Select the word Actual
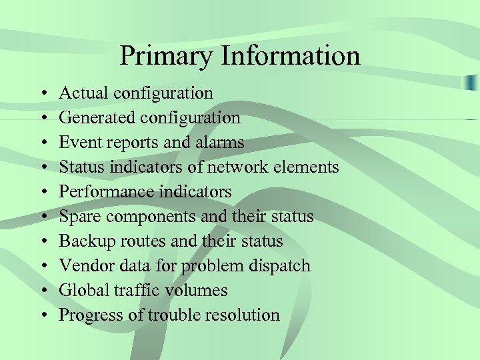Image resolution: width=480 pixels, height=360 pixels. (x=83, y=93)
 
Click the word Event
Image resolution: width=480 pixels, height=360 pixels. (x=76, y=143)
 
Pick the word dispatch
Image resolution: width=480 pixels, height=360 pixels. (x=280, y=266)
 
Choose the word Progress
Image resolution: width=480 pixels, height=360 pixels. (x=86, y=315)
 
